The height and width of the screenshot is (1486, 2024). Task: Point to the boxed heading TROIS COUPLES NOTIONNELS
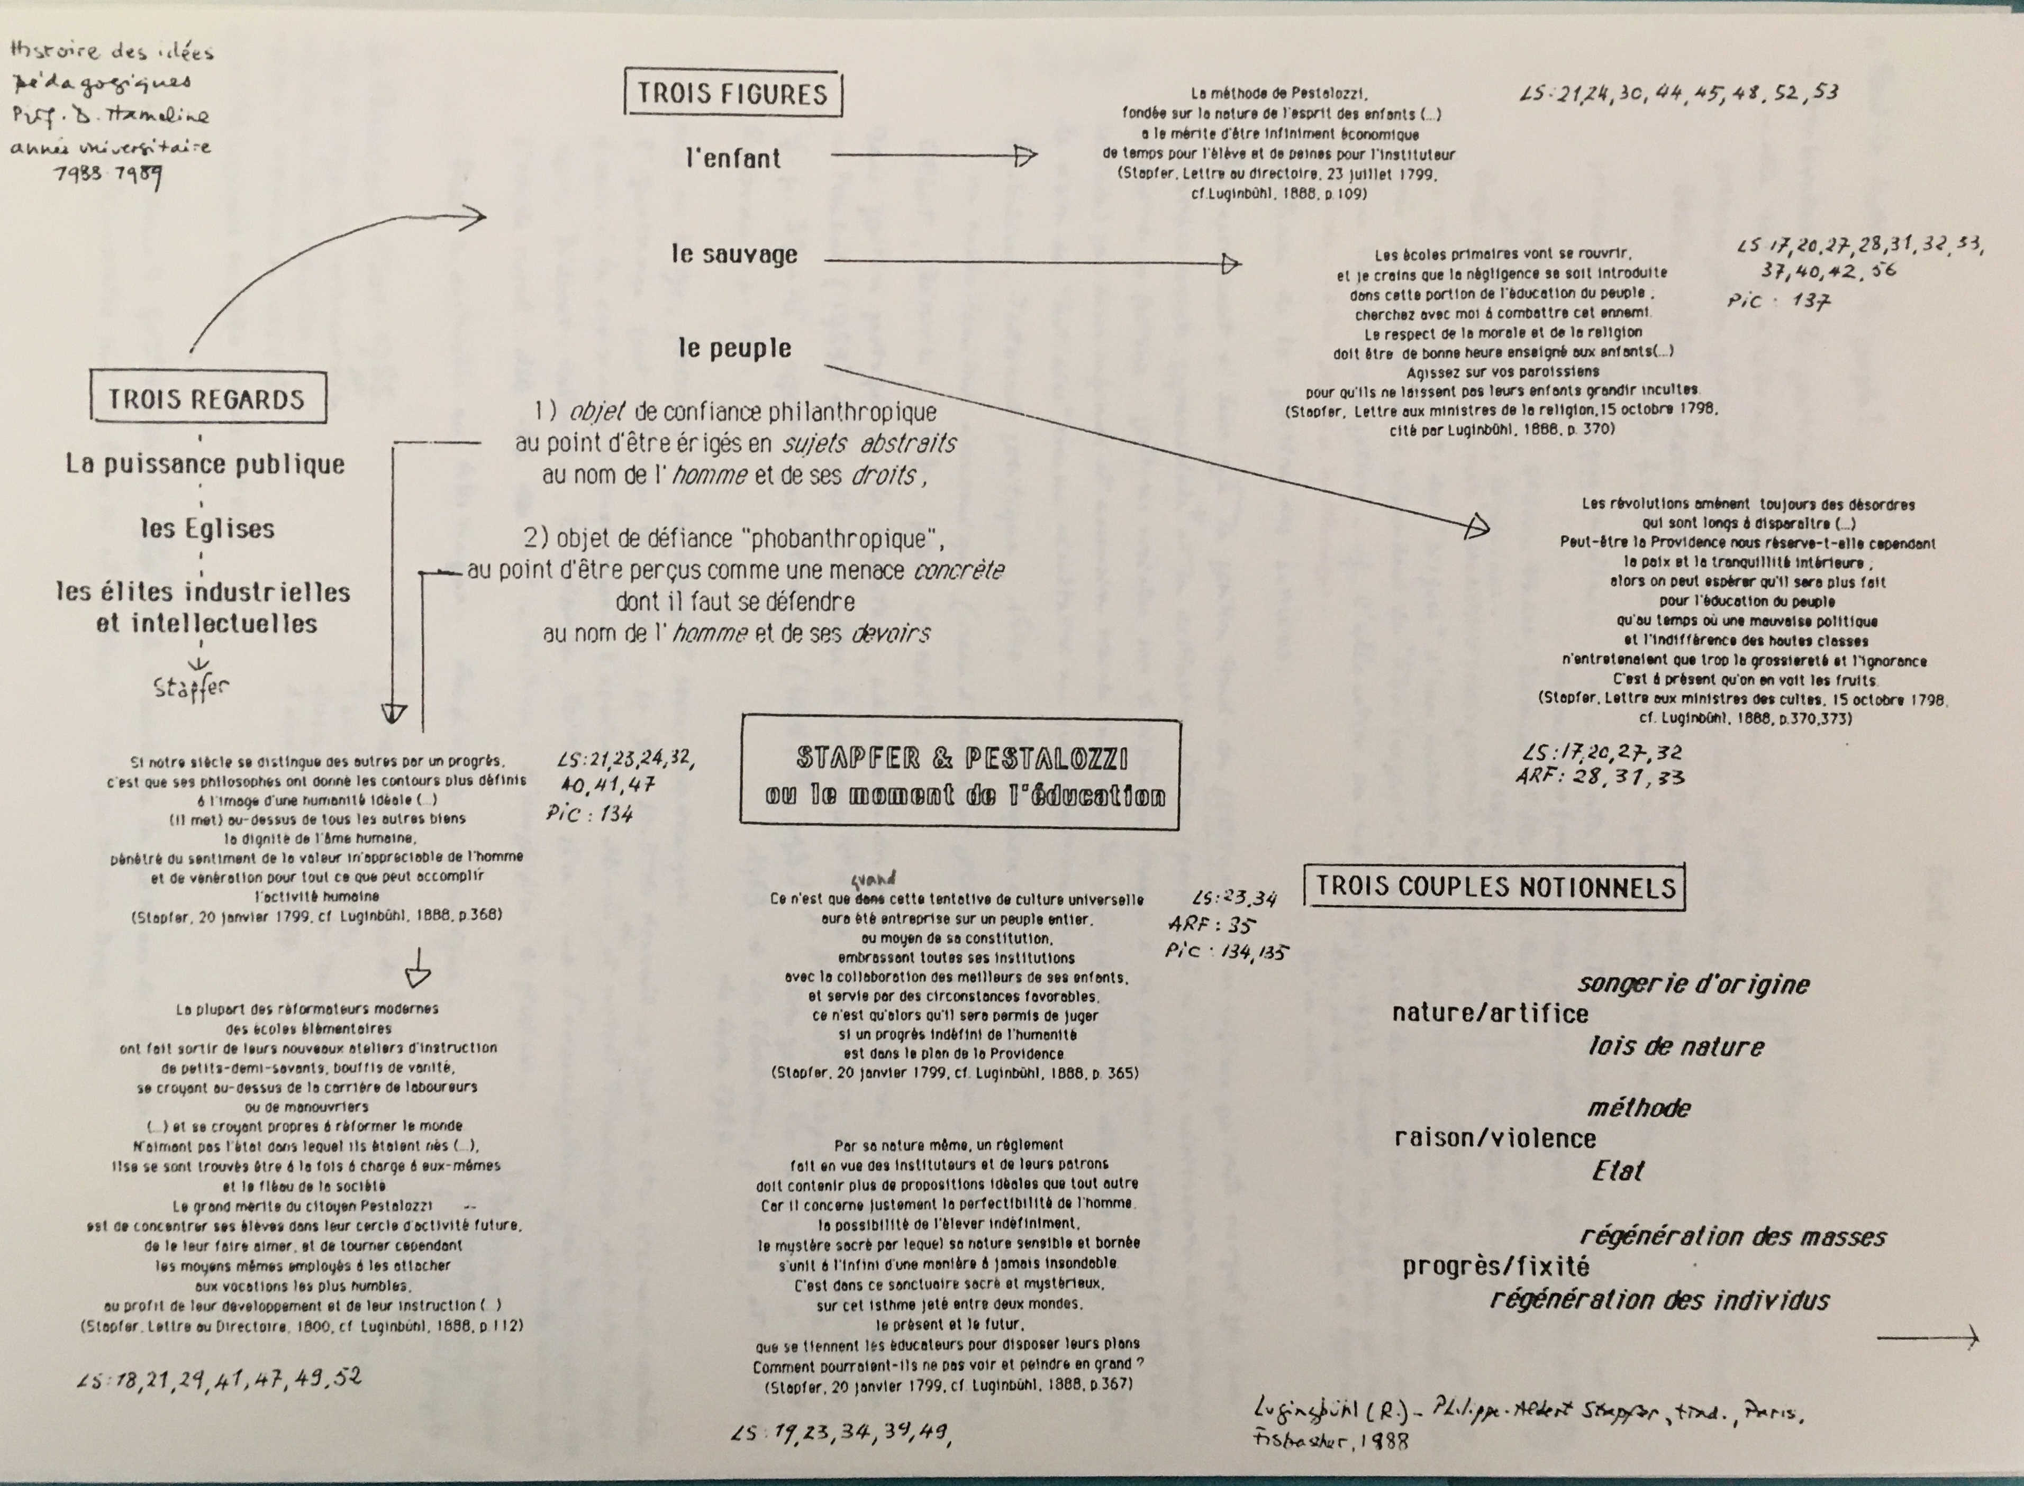pyautogui.click(x=1495, y=887)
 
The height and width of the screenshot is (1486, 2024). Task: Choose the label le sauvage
pyautogui.click(x=734, y=254)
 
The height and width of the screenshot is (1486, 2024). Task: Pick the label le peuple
pyautogui.click(x=734, y=348)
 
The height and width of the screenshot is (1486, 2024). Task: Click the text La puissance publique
pyautogui.click(x=205, y=464)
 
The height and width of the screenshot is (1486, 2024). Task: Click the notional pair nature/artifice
pyautogui.click(x=1490, y=1014)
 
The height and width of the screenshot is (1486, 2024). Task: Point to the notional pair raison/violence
pyautogui.click(x=1494, y=1139)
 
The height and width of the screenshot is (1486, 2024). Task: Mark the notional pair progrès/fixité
pyautogui.click(x=1495, y=1266)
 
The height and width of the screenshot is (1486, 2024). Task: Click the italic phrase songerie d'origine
pyautogui.click(x=1693, y=984)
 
